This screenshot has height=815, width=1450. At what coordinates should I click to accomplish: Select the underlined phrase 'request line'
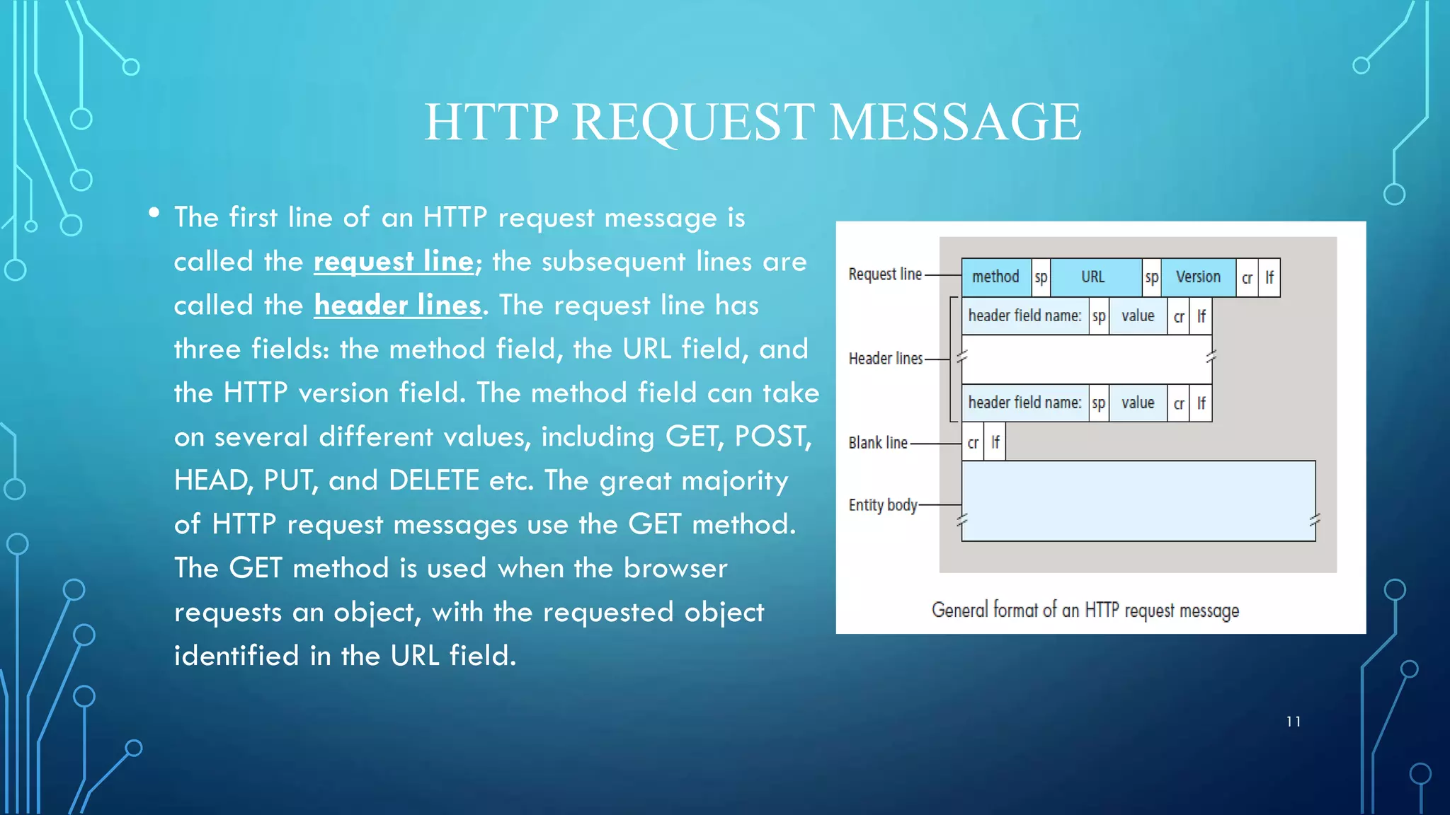[x=394, y=262]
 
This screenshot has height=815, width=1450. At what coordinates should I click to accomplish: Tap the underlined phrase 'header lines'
[x=397, y=306]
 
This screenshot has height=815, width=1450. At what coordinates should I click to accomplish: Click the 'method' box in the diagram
[x=995, y=277]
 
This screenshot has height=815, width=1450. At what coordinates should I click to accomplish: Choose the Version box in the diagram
[x=1198, y=277]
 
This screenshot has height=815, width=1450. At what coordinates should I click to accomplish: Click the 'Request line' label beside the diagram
[x=885, y=274]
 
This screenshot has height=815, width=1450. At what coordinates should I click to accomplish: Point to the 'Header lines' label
[x=886, y=359]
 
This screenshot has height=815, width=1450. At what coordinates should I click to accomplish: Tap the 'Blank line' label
[x=878, y=443]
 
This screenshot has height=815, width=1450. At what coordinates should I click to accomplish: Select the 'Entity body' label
[x=883, y=505]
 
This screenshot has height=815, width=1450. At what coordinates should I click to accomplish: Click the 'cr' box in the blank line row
[x=973, y=443]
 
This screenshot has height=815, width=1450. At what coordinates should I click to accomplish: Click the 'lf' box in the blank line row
[x=995, y=443]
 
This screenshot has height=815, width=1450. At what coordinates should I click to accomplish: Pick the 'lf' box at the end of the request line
[x=1269, y=277]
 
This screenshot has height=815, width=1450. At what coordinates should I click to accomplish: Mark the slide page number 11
[x=1294, y=722]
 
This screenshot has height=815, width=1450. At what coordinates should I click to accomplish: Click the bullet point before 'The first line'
[x=154, y=213]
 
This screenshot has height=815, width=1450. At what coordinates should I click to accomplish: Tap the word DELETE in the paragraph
[x=434, y=481]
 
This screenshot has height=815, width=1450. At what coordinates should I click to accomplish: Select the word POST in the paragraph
[x=770, y=437]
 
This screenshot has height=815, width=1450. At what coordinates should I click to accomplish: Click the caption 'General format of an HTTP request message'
[x=1085, y=610]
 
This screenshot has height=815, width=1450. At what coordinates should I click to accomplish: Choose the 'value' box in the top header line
[x=1138, y=316]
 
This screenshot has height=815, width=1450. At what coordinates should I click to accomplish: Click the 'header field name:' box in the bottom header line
[x=1024, y=403]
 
